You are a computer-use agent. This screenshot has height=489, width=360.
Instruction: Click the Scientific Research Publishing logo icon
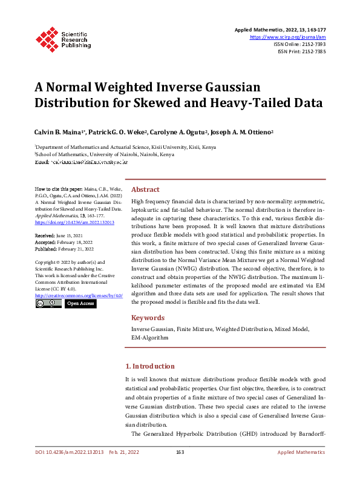tap(47, 38)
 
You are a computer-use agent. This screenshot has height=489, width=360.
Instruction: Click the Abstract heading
tap(145, 189)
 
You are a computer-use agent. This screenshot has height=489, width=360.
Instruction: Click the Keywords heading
tap(148, 318)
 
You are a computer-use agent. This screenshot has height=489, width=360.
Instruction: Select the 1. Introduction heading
tap(149, 366)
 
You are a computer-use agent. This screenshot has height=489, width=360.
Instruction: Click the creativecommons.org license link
tap(79, 295)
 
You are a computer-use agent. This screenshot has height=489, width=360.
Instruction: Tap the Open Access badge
tap(80, 303)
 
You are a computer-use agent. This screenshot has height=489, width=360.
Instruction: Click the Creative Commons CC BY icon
tap(48, 303)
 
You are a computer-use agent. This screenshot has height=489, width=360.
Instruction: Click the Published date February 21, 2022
tap(63, 249)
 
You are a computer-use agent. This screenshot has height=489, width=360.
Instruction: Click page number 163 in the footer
tap(180, 452)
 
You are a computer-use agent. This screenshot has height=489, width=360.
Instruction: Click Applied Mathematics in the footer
tap(301, 452)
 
